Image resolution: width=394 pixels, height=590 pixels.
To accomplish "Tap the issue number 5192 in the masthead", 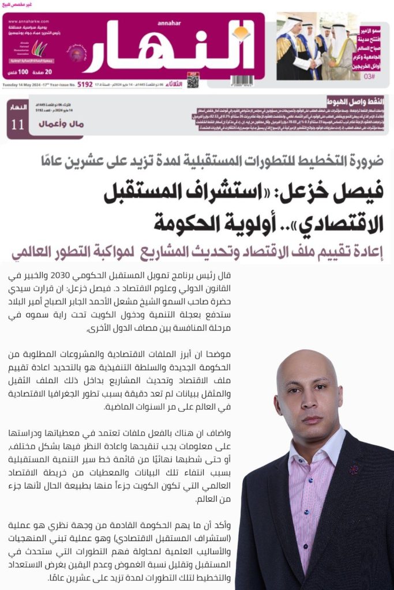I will [x=85, y=84].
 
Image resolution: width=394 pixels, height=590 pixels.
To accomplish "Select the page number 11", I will [x=18, y=124].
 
